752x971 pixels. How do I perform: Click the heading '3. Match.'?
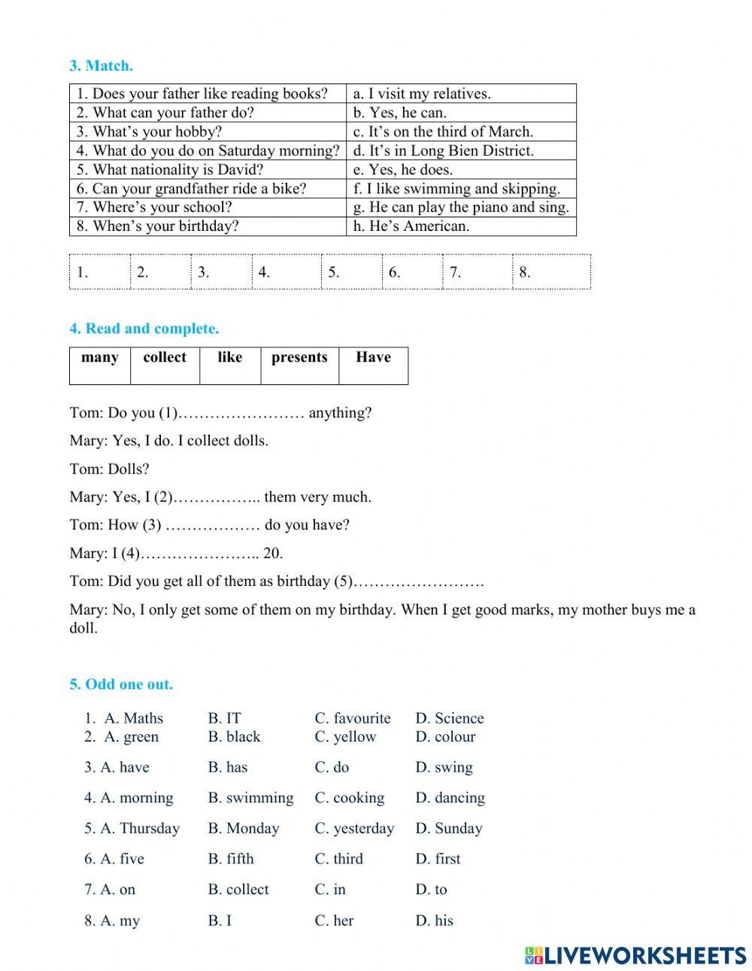click(x=101, y=65)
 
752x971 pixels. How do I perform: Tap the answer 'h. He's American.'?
click(x=411, y=226)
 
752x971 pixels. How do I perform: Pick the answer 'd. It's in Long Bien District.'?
click(x=443, y=150)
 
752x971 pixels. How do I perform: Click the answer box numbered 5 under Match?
click(x=351, y=272)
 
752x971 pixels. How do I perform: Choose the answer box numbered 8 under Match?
click(x=550, y=272)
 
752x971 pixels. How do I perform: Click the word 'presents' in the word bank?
click(x=299, y=357)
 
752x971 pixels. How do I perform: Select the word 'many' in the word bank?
click(x=99, y=357)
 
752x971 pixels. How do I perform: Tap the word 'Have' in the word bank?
click(x=373, y=357)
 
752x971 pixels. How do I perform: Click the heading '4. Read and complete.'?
click(x=144, y=329)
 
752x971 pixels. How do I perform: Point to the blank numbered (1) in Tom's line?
click(x=241, y=413)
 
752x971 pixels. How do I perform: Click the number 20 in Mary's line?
click(x=273, y=554)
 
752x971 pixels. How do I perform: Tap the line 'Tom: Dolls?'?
click(x=109, y=469)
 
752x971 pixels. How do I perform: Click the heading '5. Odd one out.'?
click(x=121, y=684)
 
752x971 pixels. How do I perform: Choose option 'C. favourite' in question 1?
click(x=352, y=718)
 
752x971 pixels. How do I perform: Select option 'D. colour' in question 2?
click(x=445, y=737)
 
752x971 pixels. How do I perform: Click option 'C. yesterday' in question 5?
click(x=354, y=829)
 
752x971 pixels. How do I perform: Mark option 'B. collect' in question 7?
click(x=238, y=890)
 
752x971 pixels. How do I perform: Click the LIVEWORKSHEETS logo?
click(x=635, y=955)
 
